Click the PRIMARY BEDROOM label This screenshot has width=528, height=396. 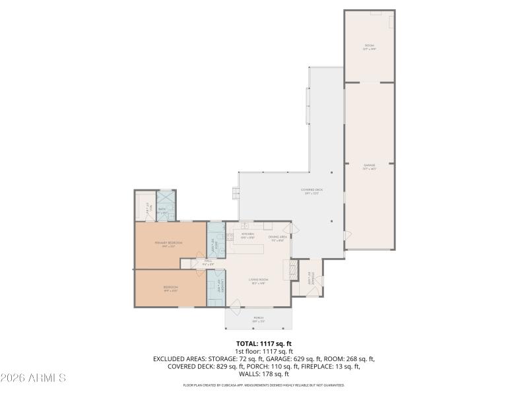click(168, 244)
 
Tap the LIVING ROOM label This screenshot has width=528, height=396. click(257, 281)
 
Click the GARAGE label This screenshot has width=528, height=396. click(369, 166)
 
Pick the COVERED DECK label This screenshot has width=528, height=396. click(312, 191)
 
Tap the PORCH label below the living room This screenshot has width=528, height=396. click(258, 319)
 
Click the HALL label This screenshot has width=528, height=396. click(207, 262)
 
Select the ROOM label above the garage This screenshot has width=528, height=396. click(369, 46)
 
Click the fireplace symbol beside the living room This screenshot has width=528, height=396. click(287, 269)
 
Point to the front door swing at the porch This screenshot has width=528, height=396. click(234, 304)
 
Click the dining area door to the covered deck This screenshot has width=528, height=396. click(294, 229)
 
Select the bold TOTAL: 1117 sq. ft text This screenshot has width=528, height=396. click(264, 344)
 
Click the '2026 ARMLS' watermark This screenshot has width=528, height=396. click(33, 378)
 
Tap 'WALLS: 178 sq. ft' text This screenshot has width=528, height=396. click(264, 374)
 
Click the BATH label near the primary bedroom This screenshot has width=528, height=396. click(162, 211)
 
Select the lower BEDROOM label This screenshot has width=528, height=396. click(170, 289)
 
